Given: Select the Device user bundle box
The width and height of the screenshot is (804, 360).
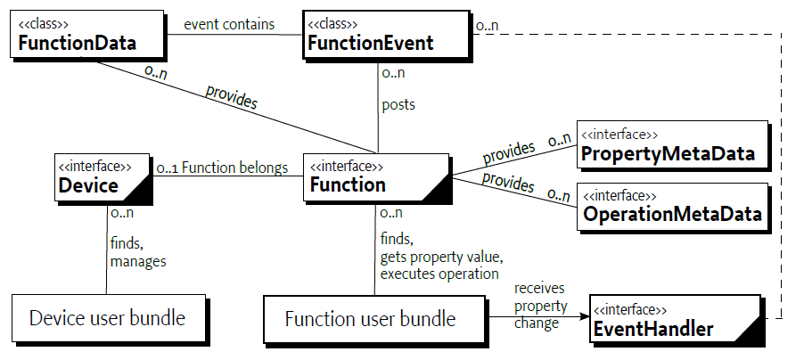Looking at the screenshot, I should [107, 318].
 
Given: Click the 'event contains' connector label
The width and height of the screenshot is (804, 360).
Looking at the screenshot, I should [230, 24].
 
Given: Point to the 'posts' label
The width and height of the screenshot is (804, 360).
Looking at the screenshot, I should [398, 104].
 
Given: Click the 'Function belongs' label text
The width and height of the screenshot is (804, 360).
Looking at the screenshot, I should [235, 167].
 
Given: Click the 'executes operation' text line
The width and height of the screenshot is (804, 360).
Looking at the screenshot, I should [439, 274].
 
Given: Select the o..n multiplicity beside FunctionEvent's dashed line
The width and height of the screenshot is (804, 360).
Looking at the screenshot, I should [488, 26].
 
